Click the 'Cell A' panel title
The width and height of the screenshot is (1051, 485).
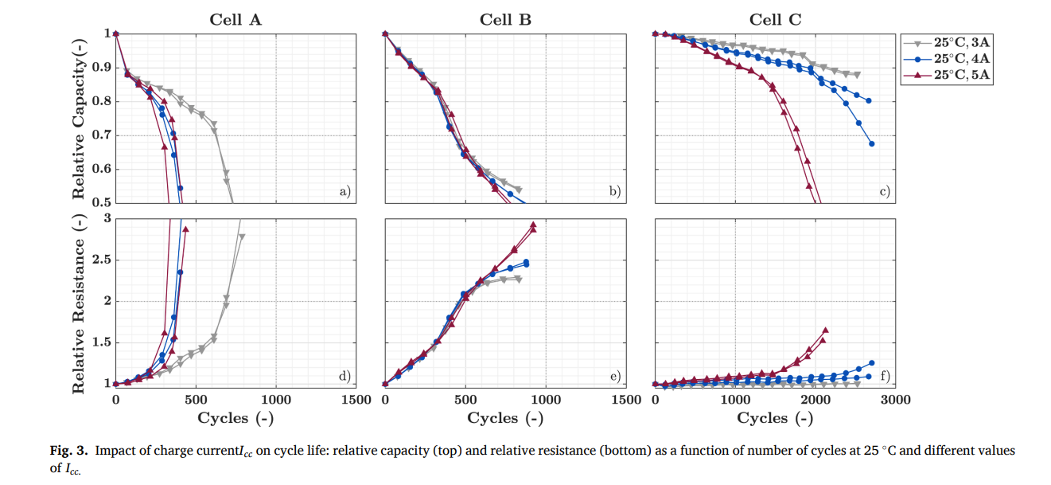tap(235, 20)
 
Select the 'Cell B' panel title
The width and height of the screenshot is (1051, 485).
tap(505, 20)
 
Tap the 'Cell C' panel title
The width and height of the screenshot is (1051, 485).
tap(775, 20)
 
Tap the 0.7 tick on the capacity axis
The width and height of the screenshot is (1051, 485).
tap(101, 135)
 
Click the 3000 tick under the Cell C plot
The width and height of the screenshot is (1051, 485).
tap(896, 399)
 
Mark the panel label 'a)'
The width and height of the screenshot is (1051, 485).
tap(344, 191)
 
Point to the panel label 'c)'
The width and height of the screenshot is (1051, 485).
tap(883, 191)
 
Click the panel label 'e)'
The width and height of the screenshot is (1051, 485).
tap(613, 376)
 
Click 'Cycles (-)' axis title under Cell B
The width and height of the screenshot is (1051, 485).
tap(505, 417)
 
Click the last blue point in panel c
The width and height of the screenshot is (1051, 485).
tap(872, 144)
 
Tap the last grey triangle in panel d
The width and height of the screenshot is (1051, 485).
tap(242, 237)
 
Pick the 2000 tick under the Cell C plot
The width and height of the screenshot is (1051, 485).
tap(815, 399)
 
